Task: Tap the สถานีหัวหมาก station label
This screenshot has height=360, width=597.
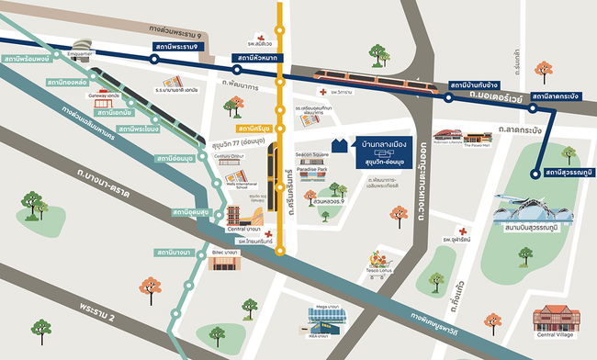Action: click(x=257, y=60)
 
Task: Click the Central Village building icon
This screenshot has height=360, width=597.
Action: click(x=558, y=322)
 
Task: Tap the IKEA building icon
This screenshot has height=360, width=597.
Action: click(x=327, y=322)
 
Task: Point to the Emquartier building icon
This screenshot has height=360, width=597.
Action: click(x=79, y=45)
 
